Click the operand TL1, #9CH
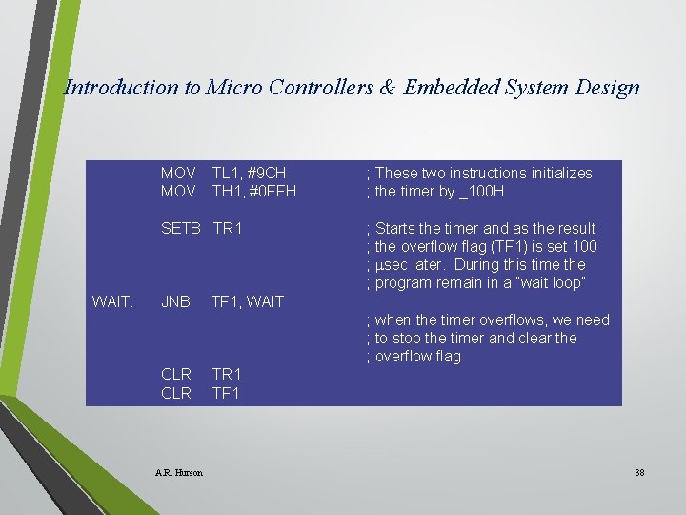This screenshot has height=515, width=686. click(x=249, y=173)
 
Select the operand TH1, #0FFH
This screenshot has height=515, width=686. click(x=254, y=191)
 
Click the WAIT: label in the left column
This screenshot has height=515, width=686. click(x=112, y=301)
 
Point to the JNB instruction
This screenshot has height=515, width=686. click(x=175, y=301)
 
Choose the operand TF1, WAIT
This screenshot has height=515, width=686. click(x=248, y=301)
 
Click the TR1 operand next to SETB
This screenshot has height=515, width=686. click(x=229, y=228)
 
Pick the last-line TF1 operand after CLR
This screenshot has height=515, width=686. click(x=226, y=392)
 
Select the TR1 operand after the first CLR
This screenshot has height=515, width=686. click(x=227, y=373)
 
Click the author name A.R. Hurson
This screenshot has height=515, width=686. click(x=178, y=472)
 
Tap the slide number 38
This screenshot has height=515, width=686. click(x=638, y=472)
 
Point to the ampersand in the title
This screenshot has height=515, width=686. click(x=386, y=88)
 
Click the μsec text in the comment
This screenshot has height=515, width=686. click(x=395, y=264)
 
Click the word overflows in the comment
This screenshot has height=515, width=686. click(x=494, y=319)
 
